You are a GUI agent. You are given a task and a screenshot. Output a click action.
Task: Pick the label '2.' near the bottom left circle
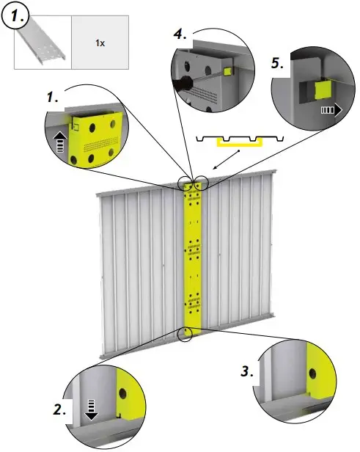(x=60, y=410)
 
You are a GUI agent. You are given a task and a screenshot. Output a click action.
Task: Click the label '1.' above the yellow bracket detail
(x=54, y=96)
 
